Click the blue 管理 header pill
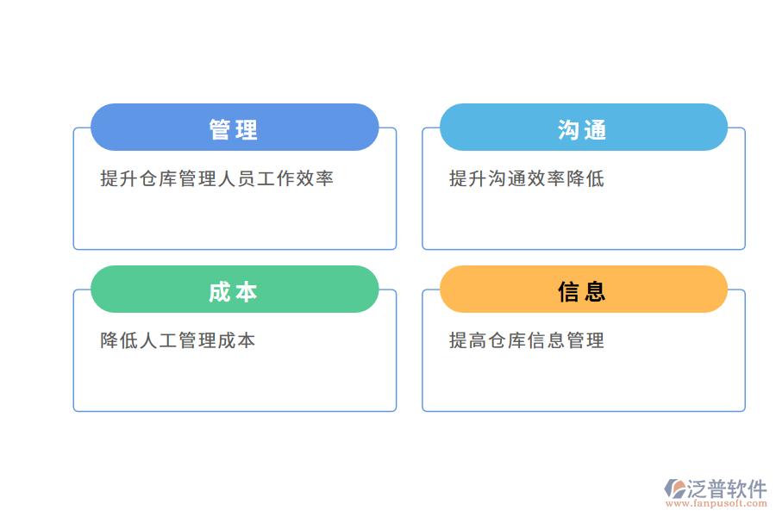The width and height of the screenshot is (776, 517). [x=235, y=128]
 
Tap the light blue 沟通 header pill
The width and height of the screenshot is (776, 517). [x=584, y=128]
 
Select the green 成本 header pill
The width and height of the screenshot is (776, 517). [x=235, y=290]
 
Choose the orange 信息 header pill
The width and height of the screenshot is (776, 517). [x=584, y=290]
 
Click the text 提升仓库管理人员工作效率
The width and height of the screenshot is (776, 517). [x=216, y=179]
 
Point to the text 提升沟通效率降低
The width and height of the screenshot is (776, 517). [x=526, y=179]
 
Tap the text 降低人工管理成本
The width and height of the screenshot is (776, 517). [x=178, y=340]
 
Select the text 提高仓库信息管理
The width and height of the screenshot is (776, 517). [x=526, y=340]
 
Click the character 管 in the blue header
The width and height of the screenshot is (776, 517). [x=221, y=130]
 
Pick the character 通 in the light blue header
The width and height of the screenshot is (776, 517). [x=596, y=130]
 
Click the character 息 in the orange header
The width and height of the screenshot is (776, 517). [x=596, y=292]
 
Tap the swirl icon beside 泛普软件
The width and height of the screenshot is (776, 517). [x=674, y=489]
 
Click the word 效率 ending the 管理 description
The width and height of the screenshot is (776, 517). [x=315, y=179]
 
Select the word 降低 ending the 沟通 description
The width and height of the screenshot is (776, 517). [x=585, y=179]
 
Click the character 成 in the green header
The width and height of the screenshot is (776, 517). [x=221, y=292]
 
